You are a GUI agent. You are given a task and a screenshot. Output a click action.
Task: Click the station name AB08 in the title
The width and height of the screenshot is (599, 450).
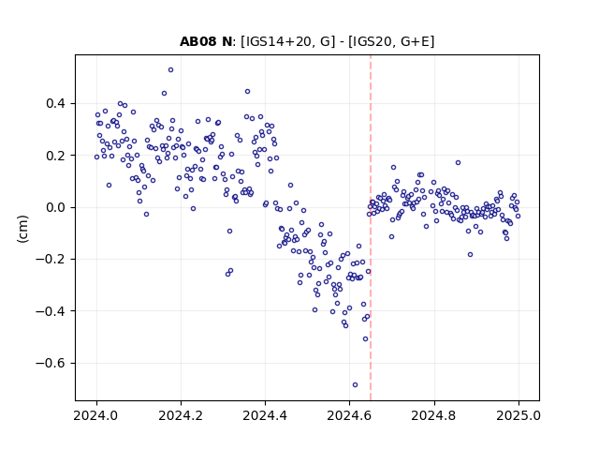[197, 41]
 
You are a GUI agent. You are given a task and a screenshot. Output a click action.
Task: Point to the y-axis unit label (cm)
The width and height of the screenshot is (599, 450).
[22, 229]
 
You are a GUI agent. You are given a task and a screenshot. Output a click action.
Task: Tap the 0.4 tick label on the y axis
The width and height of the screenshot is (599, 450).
[56, 104]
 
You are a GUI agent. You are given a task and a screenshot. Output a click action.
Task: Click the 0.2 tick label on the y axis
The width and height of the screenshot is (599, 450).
[56, 156]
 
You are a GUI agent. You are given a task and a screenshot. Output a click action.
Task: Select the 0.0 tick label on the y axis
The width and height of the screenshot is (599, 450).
[56, 207]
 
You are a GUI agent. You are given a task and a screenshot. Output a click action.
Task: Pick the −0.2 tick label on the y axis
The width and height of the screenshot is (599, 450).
[51, 260]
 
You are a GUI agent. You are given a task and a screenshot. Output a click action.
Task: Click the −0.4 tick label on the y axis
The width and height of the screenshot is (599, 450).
[51, 311]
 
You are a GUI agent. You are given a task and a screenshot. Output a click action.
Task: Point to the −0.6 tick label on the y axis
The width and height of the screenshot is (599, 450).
[51, 363]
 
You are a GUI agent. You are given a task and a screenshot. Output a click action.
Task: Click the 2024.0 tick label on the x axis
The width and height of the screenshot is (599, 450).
[96, 415]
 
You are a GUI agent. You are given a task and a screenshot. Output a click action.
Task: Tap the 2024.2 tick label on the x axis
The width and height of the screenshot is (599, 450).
[181, 415]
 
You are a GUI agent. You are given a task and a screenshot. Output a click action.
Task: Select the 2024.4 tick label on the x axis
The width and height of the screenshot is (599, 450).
[265, 415]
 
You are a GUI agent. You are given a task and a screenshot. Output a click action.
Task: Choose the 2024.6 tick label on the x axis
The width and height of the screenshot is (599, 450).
[349, 415]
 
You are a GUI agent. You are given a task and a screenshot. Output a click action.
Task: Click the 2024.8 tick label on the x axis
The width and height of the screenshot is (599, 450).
[434, 415]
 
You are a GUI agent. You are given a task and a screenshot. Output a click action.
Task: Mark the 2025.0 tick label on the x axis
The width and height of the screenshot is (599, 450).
[519, 415]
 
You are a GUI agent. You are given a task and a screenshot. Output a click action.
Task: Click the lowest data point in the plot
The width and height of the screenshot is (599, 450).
[355, 385]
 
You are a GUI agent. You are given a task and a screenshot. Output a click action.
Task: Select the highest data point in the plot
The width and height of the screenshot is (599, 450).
[170, 70]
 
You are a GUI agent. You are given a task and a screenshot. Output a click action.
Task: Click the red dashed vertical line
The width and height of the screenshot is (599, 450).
[371, 228]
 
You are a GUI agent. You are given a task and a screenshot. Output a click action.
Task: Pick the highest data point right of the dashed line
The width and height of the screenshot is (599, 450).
[458, 162]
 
